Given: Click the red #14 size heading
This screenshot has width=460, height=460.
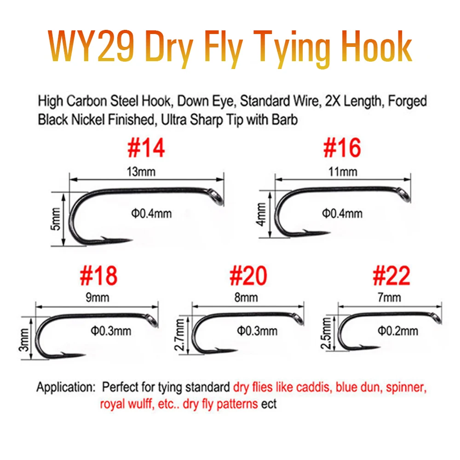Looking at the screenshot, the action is pos(146,148).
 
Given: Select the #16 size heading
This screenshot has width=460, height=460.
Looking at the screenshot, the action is pos(342,148).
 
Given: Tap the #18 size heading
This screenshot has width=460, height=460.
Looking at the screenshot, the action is pos(98,276).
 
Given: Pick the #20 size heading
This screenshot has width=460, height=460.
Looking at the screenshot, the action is pos(248,276).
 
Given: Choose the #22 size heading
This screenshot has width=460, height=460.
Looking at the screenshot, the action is pos(391,276).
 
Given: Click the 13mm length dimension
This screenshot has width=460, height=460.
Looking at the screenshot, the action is pos(141,172).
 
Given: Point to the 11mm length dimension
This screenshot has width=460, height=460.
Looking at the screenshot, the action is pos(343,172).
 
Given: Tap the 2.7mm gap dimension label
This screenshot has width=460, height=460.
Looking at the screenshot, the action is pos(180,335).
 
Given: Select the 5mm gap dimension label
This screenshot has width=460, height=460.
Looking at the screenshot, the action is pos(55,219).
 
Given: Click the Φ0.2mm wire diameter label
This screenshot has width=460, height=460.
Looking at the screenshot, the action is pos(398,331).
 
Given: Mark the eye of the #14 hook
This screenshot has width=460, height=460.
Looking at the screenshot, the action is pos(217,197).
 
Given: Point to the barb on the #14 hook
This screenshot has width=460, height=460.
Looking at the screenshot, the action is pos(104,238).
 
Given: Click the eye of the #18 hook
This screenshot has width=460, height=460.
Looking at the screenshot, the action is pos(153,320).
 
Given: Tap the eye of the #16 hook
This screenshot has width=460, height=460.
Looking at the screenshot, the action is pos(404,195).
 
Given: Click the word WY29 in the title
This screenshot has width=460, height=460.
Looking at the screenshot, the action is pos(91,47).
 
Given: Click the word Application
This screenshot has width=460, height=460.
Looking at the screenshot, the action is pos(66,387).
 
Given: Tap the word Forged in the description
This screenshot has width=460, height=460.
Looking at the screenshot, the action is pos(407,101).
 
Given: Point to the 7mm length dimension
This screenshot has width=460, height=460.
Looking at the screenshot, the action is pos(389,298).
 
